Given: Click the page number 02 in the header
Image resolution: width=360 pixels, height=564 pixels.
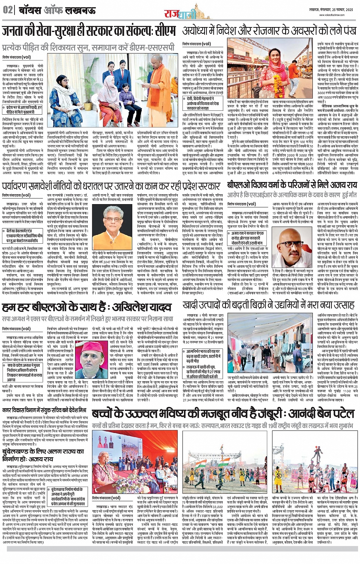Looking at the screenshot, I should [8, 10].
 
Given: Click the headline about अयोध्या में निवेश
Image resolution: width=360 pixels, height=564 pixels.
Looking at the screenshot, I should [269, 30].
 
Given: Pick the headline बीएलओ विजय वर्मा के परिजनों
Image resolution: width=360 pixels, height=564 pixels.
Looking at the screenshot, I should [292, 185].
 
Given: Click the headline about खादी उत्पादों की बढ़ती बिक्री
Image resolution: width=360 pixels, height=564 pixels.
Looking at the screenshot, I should [268, 306].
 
